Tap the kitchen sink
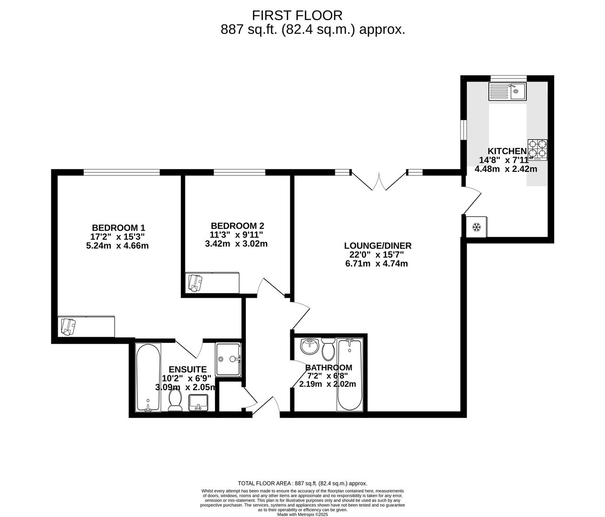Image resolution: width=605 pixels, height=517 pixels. tap(507, 91)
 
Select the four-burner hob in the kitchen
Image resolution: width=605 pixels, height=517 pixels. tap(537, 149)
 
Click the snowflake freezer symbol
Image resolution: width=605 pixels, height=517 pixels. tap(477, 227)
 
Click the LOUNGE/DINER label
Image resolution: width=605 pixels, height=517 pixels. tap(377, 246)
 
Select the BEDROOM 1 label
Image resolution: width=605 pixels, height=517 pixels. tap(118, 228)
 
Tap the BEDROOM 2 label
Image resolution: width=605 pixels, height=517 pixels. tap(237, 226)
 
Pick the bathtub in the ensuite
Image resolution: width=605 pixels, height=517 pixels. tap(148, 378)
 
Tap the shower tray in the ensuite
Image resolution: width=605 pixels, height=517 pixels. tap(228, 359)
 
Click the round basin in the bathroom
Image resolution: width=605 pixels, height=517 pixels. tap(310, 347)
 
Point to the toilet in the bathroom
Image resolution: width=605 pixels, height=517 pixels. tap(328, 349)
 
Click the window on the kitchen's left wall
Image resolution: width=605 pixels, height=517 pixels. tap(463, 130)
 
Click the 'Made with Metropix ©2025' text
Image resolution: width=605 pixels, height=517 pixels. tap(302, 515)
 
